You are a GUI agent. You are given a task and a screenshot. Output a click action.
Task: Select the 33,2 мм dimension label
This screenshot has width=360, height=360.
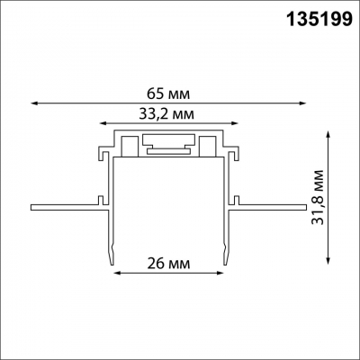click(166, 114)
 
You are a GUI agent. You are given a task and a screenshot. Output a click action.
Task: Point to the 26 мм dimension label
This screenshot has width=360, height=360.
click(166, 265)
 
